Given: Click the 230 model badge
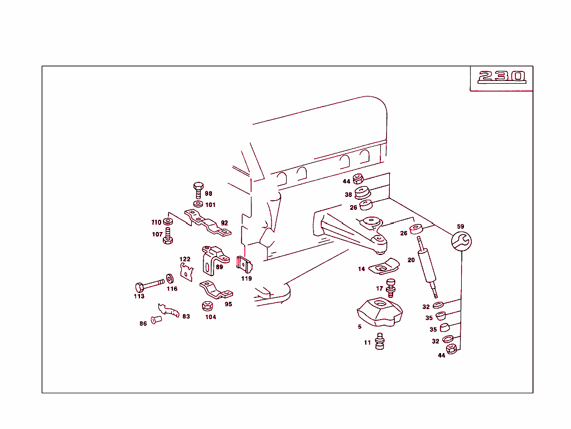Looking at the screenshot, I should tap(501, 76).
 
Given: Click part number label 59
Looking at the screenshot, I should tap(460, 226).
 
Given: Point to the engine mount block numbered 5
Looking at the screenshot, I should tap(379, 312).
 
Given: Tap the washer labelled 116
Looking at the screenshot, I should tap(170, 278).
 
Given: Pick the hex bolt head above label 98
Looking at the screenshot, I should tap(198, 187).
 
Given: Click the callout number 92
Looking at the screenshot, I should tap(224, 223).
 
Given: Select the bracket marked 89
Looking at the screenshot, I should tap(214, 260).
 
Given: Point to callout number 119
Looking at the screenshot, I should tap(246, 278).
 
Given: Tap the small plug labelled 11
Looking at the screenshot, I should tap(380, 341).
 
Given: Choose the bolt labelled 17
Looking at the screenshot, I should tap(391, 287).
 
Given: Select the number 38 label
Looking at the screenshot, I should tap(348, 195).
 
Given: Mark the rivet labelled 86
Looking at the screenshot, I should tap(156, 321).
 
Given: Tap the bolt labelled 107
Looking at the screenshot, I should tap(168, 235).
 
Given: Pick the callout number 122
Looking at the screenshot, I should tap(185, 259).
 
